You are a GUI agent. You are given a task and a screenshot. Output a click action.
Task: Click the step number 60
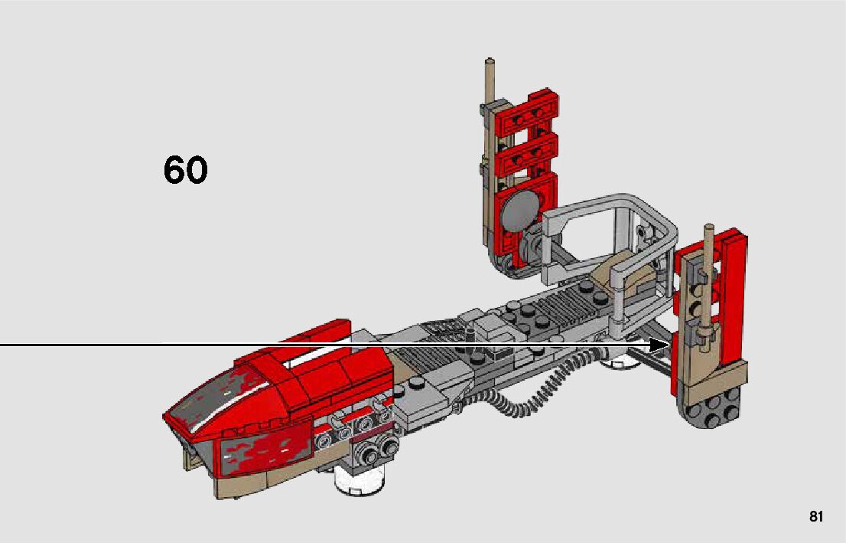click(x=185, y=170)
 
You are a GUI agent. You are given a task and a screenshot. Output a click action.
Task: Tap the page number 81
click(x=816, y=516)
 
